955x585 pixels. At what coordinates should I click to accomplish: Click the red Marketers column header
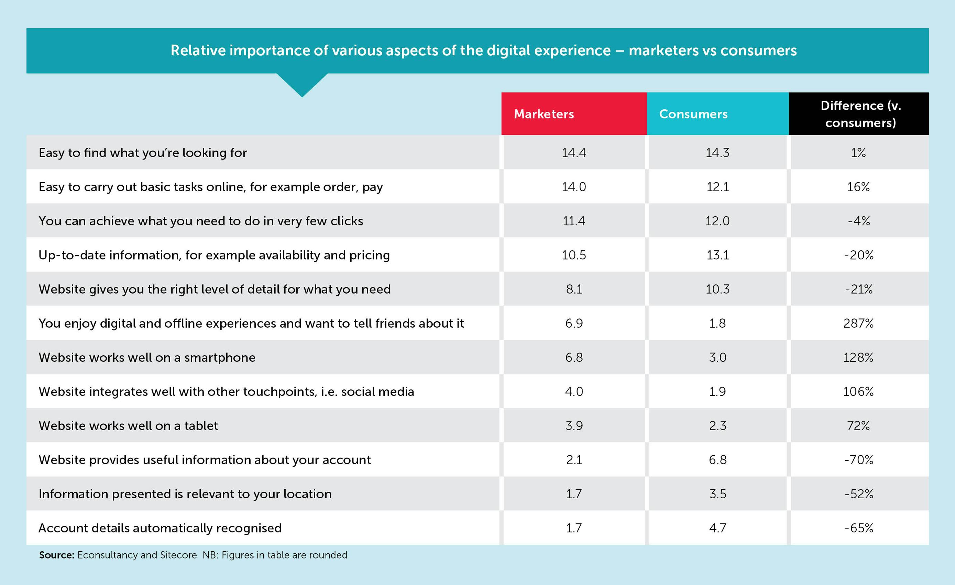[x=574, y=113]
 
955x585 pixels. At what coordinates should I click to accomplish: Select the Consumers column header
[x=718, y=113]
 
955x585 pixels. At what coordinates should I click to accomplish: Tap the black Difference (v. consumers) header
[x=859, y=113]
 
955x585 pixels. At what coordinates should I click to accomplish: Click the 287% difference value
[x=858, y=323]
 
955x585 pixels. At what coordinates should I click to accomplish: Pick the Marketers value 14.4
[x=574, y=153]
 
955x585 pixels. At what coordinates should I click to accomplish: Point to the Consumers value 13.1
[x=717, y=255]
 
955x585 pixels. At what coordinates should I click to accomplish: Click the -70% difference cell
[x=859, y=460]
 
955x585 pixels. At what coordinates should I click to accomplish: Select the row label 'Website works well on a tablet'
[x=128, y=426]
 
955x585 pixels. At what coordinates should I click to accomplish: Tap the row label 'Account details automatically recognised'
[x=160, y=528]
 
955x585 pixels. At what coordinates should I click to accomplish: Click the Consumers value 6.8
[x=717, y=460]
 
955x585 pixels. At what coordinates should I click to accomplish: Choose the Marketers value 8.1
[x=574, y=289]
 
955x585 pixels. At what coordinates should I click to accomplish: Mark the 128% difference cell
[x=858, y=357]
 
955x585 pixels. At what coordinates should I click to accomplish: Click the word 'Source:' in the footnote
[x=57, y=555]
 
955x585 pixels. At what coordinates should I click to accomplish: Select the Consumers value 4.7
[x=717, y=528]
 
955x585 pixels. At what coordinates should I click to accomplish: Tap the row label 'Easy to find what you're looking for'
[x=143, y=153]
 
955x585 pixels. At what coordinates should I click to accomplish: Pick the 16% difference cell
[x=858, y=187]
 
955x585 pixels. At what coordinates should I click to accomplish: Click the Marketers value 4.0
[x=574, y=392]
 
